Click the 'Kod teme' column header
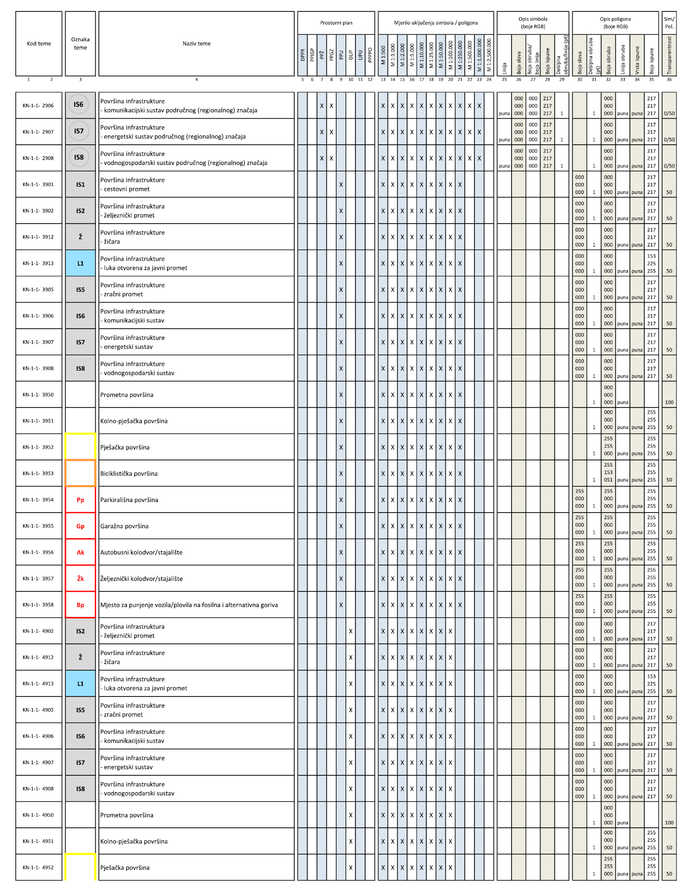pos(39,44)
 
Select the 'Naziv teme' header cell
pos(196,44)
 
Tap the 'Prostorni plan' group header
pos(336,23)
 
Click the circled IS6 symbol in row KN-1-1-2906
pos(79,105)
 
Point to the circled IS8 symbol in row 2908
pos(79,157)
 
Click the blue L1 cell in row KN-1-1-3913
pos(80,263)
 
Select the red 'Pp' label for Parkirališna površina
pos(80,500)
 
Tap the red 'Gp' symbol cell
pos(80,526)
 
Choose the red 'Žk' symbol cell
pos(80,578)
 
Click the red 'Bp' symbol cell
pos(80,605)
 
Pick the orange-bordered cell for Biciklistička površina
pos(80,473)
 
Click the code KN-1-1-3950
pos(38,395)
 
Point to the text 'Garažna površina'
pos(124,526)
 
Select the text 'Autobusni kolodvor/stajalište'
pos(141,552)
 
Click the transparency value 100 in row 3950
pos(669,402)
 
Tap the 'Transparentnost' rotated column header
pos(669,55)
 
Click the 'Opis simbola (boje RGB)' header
pos(533,23)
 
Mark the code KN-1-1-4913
pos(38,684)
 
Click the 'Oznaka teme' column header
pos(80,44)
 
